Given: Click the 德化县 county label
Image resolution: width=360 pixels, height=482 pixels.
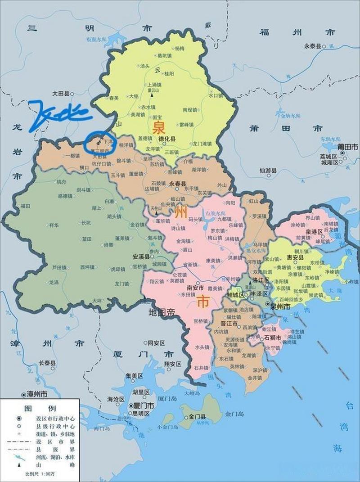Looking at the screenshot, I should click(x=166, y=139).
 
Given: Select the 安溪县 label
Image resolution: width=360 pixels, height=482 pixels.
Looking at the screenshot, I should click(x=140, y=257).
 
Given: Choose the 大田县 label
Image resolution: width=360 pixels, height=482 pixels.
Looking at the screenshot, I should click(x=60, y=94).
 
